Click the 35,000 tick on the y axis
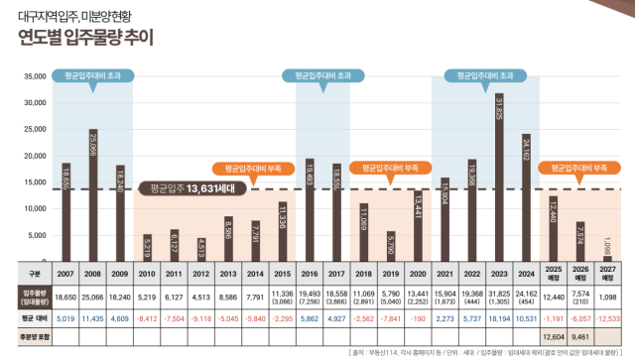click(36, 76)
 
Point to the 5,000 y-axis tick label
click(39, 235)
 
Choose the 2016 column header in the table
click(310, 274)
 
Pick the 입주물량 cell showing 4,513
click(201, 296)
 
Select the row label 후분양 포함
click(33, 336)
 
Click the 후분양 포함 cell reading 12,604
click(553, 336)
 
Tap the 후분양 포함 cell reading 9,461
click(580, 336)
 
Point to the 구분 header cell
click(33, 274)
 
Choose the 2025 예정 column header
click(553, 274)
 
